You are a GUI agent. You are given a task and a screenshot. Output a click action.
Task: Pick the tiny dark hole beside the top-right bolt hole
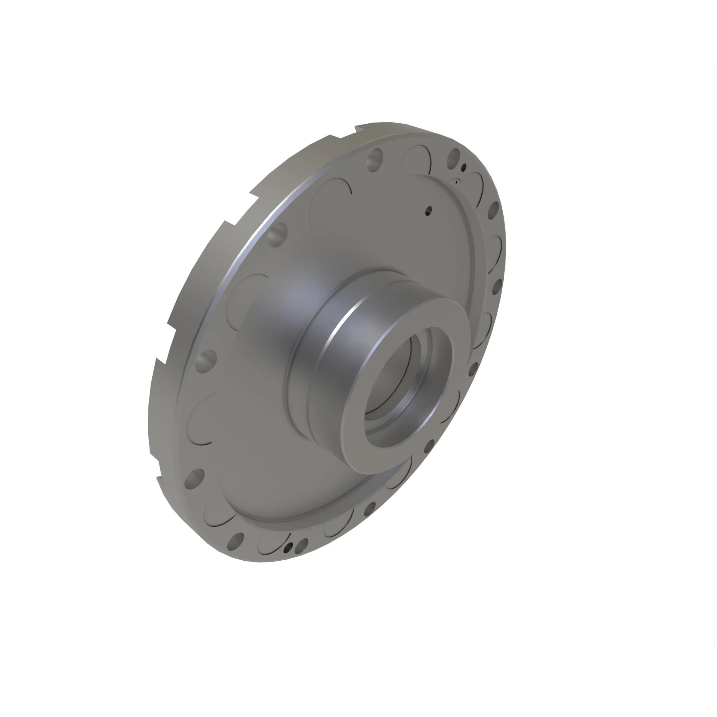pyautogui.click(x=464, y=168)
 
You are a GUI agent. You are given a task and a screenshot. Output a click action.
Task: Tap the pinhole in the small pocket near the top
pyautogui.click(x=456, y=182)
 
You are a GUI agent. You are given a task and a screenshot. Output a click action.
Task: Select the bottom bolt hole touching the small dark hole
pyautogui.click(x=303, y=544)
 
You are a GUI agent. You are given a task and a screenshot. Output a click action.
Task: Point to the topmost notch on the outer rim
pyautogui.click(x=358, y=129)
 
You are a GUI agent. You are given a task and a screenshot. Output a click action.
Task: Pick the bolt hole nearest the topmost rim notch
pyautogui.click(x=375, y=158)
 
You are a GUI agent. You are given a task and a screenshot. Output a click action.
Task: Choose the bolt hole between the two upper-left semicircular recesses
pyautogui.click(x=277, y=233)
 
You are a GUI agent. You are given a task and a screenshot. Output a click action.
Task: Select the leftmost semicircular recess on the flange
pyautogui.click(x=199, y=419)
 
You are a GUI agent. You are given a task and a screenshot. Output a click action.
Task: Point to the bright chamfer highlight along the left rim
pyautogui.click(x=238, y=260)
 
